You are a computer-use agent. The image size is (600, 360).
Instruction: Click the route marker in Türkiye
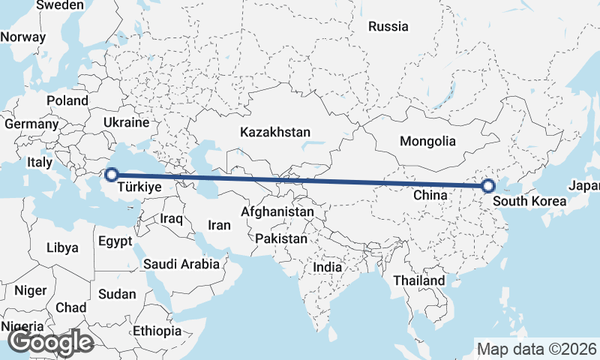(x=112, y=175)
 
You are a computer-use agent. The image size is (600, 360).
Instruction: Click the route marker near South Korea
(x=488, y=186)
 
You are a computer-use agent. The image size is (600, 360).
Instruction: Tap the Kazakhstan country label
(x=275, y=132)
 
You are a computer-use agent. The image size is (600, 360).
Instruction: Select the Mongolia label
(x=427, y=141)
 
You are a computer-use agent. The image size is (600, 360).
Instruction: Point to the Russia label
(x=388, y=26)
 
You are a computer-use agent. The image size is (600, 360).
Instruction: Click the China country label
(x=430, y=195)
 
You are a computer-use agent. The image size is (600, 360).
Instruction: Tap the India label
(x=327, y=267)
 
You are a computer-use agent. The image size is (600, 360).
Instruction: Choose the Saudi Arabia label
(x=181, y=264)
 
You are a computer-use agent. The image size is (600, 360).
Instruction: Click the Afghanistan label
(x=277, y=212)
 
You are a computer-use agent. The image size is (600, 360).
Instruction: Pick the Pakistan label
(x=281, y=238)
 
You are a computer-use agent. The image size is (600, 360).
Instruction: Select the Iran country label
(x=219, y=224)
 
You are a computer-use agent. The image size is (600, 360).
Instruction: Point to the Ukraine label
(x=126, y=121)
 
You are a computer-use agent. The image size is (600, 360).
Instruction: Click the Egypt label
(x=115, y=241)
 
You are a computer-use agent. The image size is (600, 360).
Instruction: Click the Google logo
(x=50, y=342)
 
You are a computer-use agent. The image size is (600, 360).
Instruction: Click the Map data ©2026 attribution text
(x=537, y=349)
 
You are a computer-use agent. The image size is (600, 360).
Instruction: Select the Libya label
(x=61, y=247)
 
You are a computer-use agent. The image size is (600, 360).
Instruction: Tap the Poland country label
(x=67, y=100)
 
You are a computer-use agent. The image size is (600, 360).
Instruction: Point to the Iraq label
(x=172, y=218)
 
